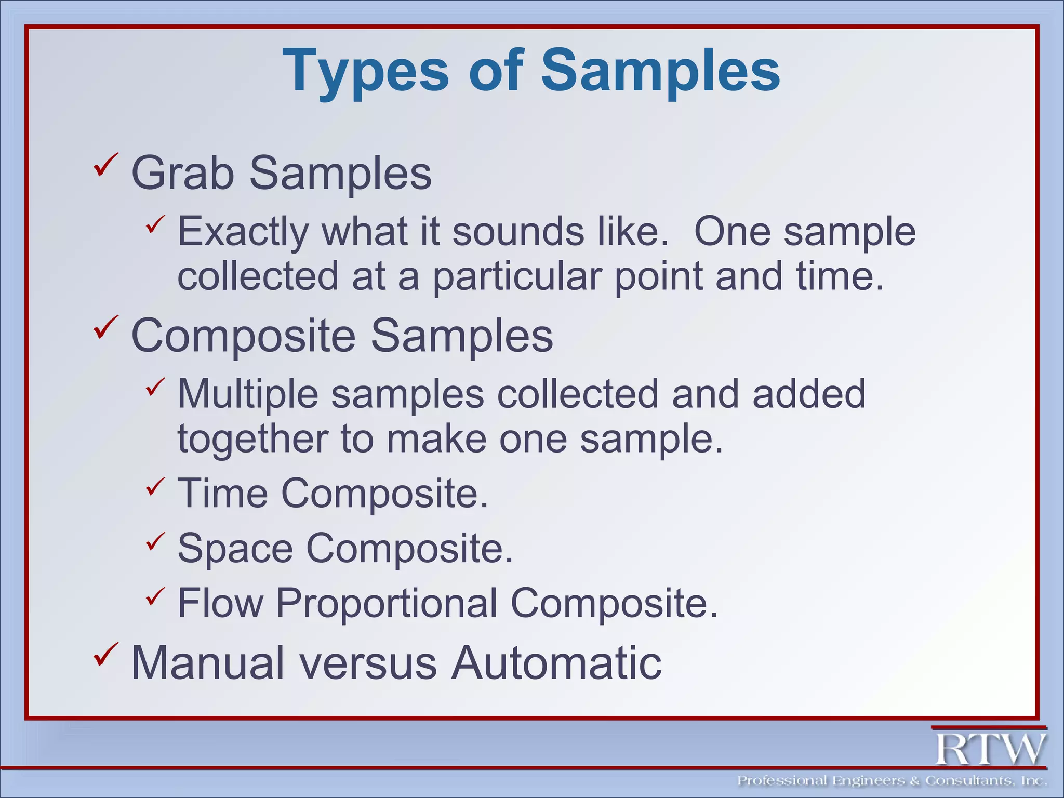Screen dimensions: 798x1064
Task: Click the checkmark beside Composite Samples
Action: coord(106,327)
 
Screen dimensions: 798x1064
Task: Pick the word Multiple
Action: coord(247,394)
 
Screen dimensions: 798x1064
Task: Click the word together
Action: coord(252,439)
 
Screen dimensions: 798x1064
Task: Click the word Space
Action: coord(235,548)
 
